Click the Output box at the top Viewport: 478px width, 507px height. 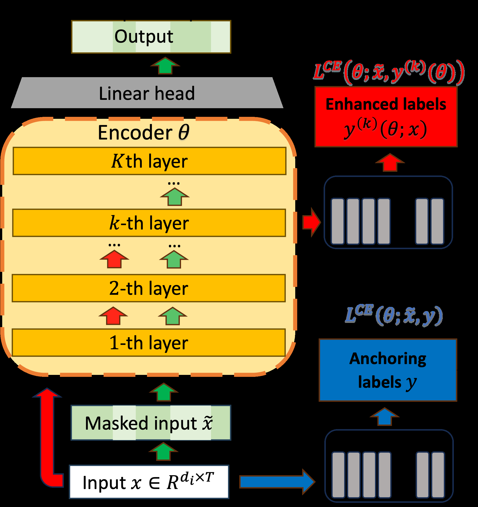[151, 37]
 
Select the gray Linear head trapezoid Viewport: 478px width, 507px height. [147, 93]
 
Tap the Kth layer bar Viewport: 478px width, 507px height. [149, 161]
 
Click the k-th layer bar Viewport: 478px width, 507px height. [149, 223]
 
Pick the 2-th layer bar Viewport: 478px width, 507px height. [149, 288]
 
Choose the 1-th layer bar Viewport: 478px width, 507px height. [149, 343]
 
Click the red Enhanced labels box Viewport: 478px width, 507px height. [386, 117]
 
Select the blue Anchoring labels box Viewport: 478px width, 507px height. [388, 370]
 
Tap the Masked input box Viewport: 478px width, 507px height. [151, 423]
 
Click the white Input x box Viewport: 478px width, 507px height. [149, 482]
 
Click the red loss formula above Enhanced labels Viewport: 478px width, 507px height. [388, 72]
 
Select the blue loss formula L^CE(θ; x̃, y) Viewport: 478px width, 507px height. [394, 316]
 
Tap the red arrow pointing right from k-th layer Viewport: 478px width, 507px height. [311, 222]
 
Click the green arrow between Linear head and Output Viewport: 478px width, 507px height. [165, 66]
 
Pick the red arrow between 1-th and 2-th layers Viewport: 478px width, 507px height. [113, 316]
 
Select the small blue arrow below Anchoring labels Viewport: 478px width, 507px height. [384, 417]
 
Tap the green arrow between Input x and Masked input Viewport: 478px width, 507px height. [163, 452]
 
